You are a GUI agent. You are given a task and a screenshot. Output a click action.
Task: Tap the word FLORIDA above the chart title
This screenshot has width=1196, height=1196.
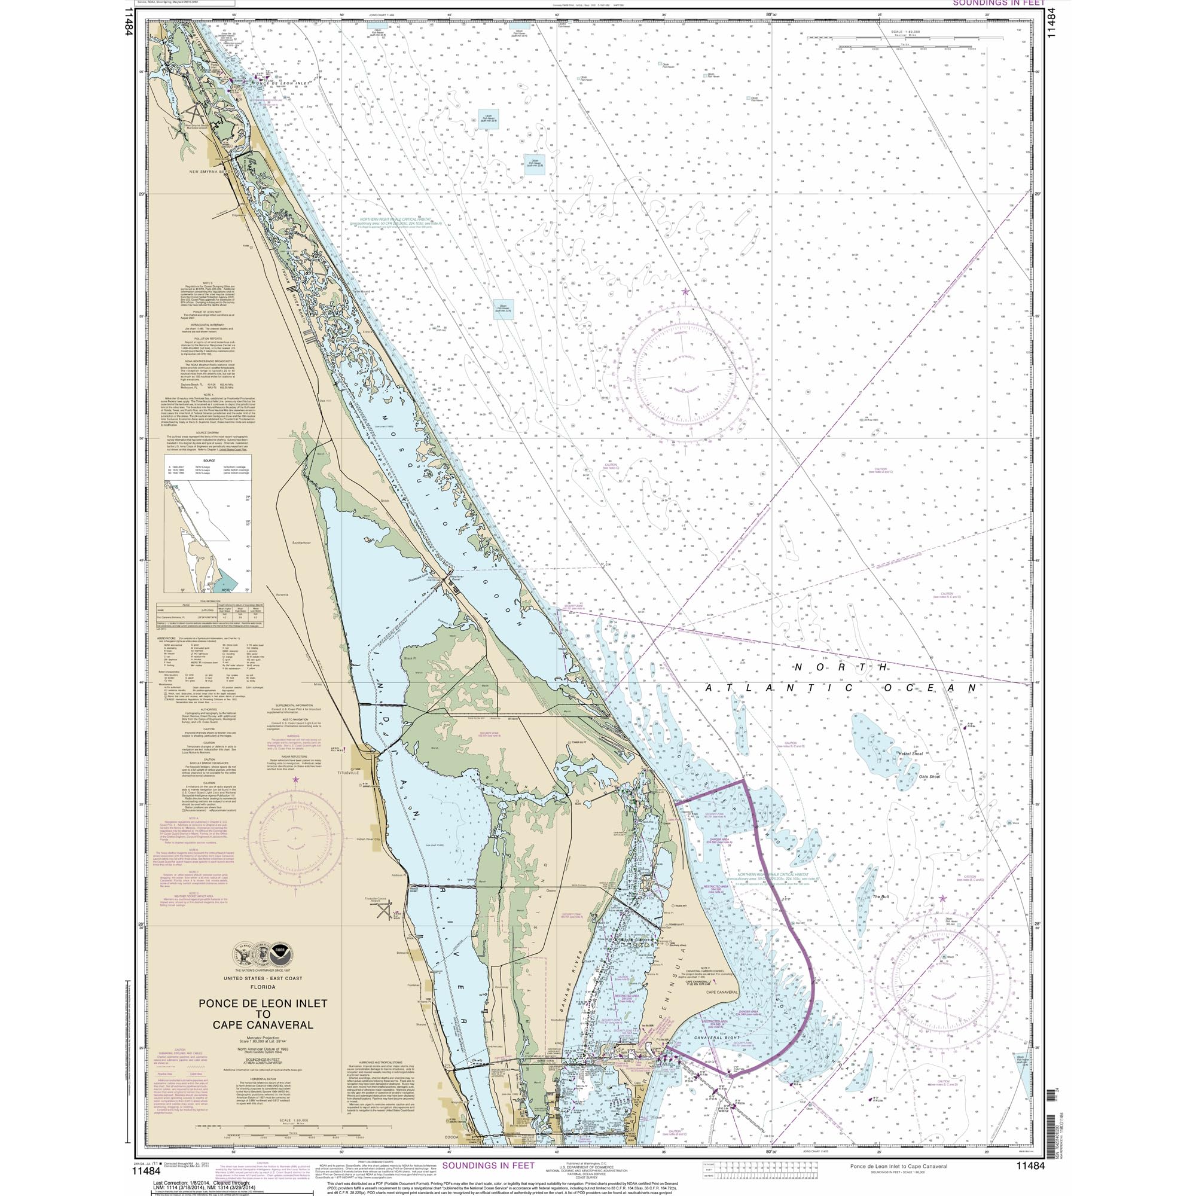point(263,988)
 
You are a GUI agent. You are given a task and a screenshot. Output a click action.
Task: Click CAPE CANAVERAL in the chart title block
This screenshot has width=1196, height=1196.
point(263,1024)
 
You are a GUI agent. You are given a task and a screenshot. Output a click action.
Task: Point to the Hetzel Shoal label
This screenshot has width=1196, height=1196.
point(910,753)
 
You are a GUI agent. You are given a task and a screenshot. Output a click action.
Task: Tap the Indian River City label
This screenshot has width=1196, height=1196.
point(370,840)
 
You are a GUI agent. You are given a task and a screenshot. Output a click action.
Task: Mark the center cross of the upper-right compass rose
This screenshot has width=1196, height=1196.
point(685,374)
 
